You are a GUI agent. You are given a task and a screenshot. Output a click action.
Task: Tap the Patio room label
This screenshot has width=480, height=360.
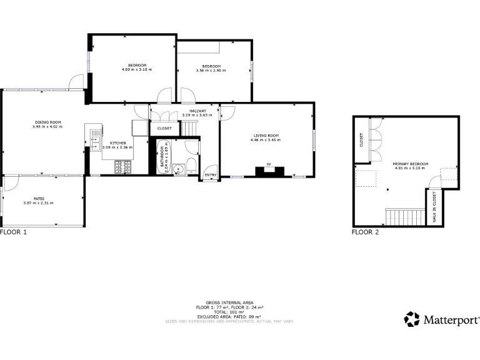point(38,199)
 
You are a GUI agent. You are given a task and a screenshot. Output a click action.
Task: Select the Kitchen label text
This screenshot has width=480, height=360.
point(118,142)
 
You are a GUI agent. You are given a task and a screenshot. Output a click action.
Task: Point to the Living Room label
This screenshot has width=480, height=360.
point(266,136)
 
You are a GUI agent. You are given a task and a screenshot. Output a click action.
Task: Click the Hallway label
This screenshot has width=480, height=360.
point(197,111)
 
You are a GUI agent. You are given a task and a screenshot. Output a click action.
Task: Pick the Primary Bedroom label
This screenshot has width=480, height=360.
point(409,164)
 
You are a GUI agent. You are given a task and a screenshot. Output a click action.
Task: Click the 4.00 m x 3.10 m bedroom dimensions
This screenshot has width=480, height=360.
point(137,69)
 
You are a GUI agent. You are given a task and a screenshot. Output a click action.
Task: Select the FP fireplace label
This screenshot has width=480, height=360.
point(269,164)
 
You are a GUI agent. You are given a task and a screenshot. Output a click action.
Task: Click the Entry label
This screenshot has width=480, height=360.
point(210,175)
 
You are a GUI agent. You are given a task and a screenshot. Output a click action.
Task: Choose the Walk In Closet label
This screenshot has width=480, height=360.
point(434,207)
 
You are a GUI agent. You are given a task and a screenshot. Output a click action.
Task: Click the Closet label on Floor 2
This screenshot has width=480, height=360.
point(361,140)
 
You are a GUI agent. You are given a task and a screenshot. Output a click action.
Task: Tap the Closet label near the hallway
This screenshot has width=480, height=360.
point(164,128)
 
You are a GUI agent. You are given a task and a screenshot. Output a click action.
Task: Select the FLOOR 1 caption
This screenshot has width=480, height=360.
point(14,232)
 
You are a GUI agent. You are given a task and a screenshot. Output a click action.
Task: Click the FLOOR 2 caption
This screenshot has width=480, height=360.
point(365,232)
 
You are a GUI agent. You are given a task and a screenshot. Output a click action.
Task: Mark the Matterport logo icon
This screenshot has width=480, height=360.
point(412,319)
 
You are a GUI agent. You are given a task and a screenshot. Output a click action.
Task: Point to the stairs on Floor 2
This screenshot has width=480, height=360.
point(398,217)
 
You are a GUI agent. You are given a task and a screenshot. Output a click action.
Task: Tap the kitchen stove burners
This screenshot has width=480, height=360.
point(123,167)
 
